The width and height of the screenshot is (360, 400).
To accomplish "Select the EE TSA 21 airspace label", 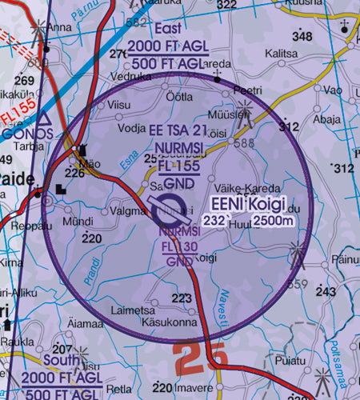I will (x=178, y=130).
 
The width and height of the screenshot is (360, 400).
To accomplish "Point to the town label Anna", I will (x=59, y=26).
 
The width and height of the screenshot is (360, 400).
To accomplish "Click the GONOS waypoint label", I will (x=27, y=134).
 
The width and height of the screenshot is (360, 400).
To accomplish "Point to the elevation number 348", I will (x=302, y=37).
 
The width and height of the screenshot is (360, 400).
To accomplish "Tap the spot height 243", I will (x=326, y=292).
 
